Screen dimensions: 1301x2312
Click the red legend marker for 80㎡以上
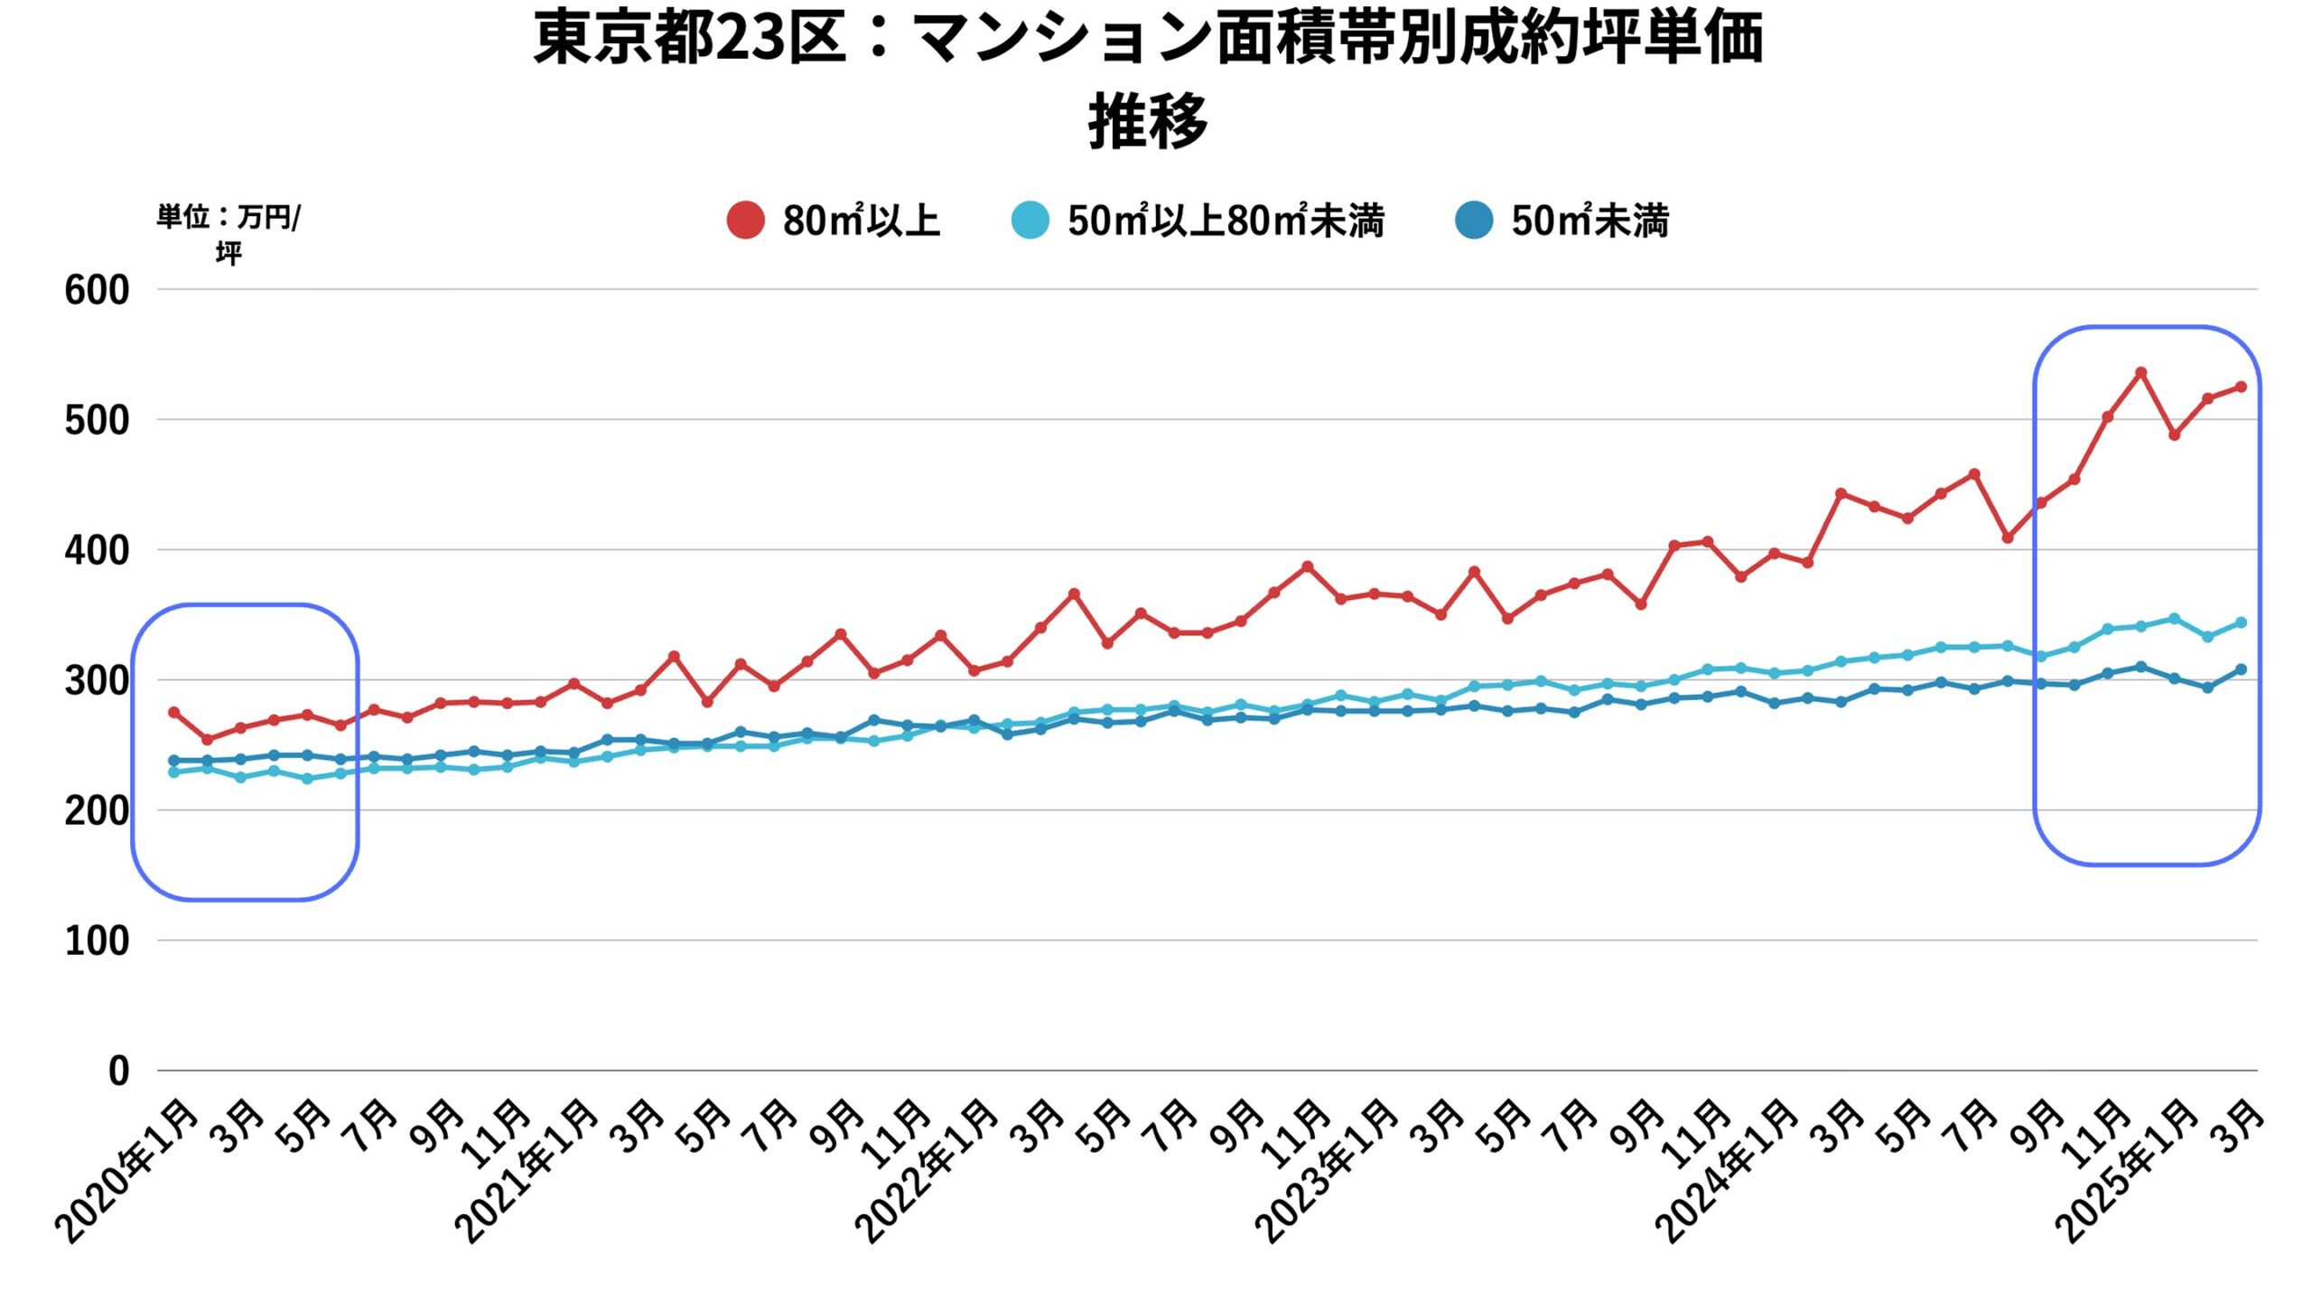coord(745,220)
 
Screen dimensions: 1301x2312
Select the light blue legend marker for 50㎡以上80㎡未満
coord(1030,220)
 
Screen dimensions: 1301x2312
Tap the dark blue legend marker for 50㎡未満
coord(1474,220)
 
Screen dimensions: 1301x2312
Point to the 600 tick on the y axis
coord(97,290)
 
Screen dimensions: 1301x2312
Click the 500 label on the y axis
coord(97,420)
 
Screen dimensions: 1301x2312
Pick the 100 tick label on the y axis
coord(97,941)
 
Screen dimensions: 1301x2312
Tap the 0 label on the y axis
coord(118,1072)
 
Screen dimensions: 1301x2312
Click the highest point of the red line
coord(2140,372)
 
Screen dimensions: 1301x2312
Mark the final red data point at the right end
coord(2241,387)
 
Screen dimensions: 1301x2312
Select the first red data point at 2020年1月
coord(174,712)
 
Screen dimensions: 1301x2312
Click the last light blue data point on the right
coord(2241,622)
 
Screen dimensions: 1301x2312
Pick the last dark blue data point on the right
coord(2241,669)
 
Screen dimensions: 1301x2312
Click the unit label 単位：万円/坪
coord(228,234)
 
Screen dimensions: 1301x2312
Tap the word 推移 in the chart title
coord(1148,121)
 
